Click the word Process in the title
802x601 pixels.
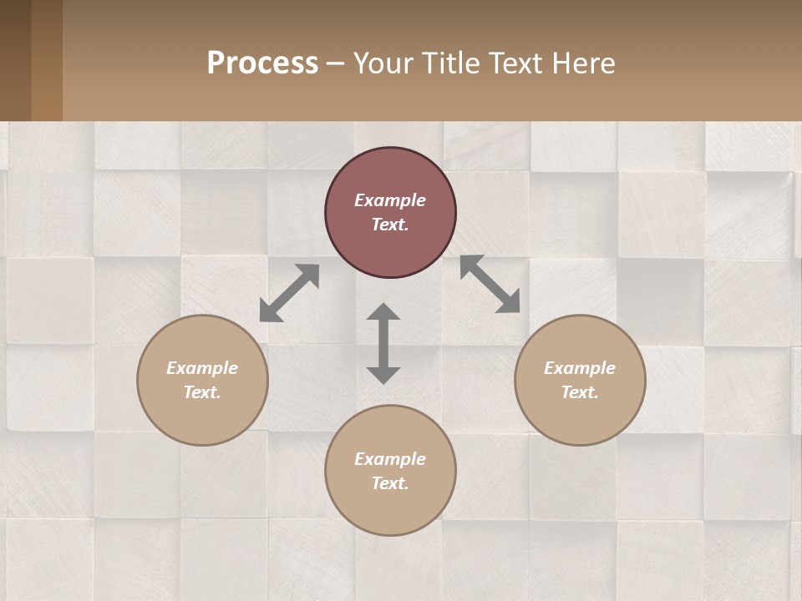point(262,63)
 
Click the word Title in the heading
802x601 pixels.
point(451,63)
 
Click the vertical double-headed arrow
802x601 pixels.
point(383,343)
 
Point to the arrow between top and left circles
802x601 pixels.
point(289,293)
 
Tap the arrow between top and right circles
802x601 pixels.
point(490,284)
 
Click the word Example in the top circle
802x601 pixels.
point(390,200)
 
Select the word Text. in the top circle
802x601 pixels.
point(390,225)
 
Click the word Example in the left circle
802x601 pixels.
point(202,368)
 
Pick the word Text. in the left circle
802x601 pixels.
point(202,392)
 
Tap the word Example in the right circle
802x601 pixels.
point(580,368)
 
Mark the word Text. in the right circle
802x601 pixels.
point(580,392)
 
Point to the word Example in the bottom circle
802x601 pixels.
point(390,459)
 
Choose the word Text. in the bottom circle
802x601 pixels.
point(390,483)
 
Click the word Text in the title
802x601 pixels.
point(515,63)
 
